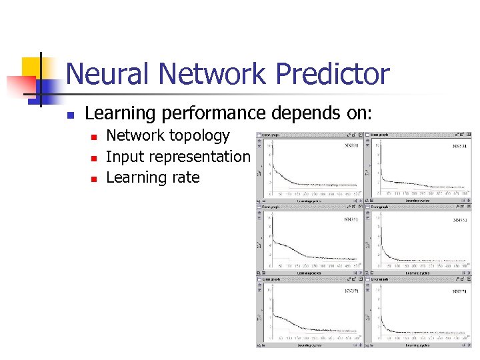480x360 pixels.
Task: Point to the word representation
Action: click(203, 157)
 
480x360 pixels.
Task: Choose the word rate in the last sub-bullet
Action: click(187, 177)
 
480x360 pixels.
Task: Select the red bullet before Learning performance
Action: click(69, 115)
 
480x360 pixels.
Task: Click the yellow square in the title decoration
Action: click(31, 67)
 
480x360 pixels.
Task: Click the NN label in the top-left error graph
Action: click(351, 145)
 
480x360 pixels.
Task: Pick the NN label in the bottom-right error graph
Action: click(459, 291)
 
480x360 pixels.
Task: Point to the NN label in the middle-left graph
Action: click(351, 219)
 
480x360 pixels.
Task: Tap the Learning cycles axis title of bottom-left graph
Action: click(310, 345)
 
